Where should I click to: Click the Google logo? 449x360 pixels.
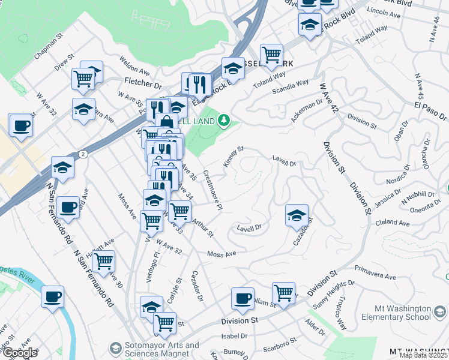pyautogui.click(x=19, y=353)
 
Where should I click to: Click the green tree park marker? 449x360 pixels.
pyautogui.click(x=224, y=121)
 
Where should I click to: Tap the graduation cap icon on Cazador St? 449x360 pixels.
pyautogui.click(x=297, y=216)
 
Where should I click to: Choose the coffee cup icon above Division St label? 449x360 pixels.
pyautogui.click(x=243, y=298)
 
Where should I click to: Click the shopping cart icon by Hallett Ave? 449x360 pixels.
pyautogui.click(x=104, y=262)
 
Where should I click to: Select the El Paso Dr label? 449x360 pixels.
pyautogui.click(x=430, y=110)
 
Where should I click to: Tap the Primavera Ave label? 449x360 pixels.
pyautogui.click(x=375, y=273)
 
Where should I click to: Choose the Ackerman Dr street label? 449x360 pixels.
pyautogui.click(x=307, y=112)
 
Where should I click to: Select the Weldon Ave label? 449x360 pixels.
pyautogui.click(x=134, y=63)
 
